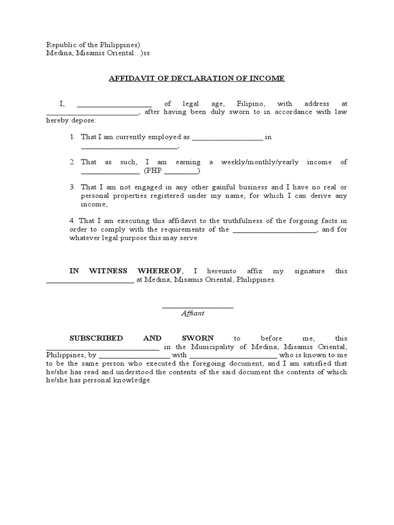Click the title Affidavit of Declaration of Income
click(196, 78)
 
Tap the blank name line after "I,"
click(114, 104)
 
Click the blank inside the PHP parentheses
click(180, 171)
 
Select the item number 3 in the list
click(73, 187)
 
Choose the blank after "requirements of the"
click(275, 230)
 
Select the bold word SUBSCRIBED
click(96, 338)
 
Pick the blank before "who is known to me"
click(233, 355)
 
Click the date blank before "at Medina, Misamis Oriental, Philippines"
click(90, 280)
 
